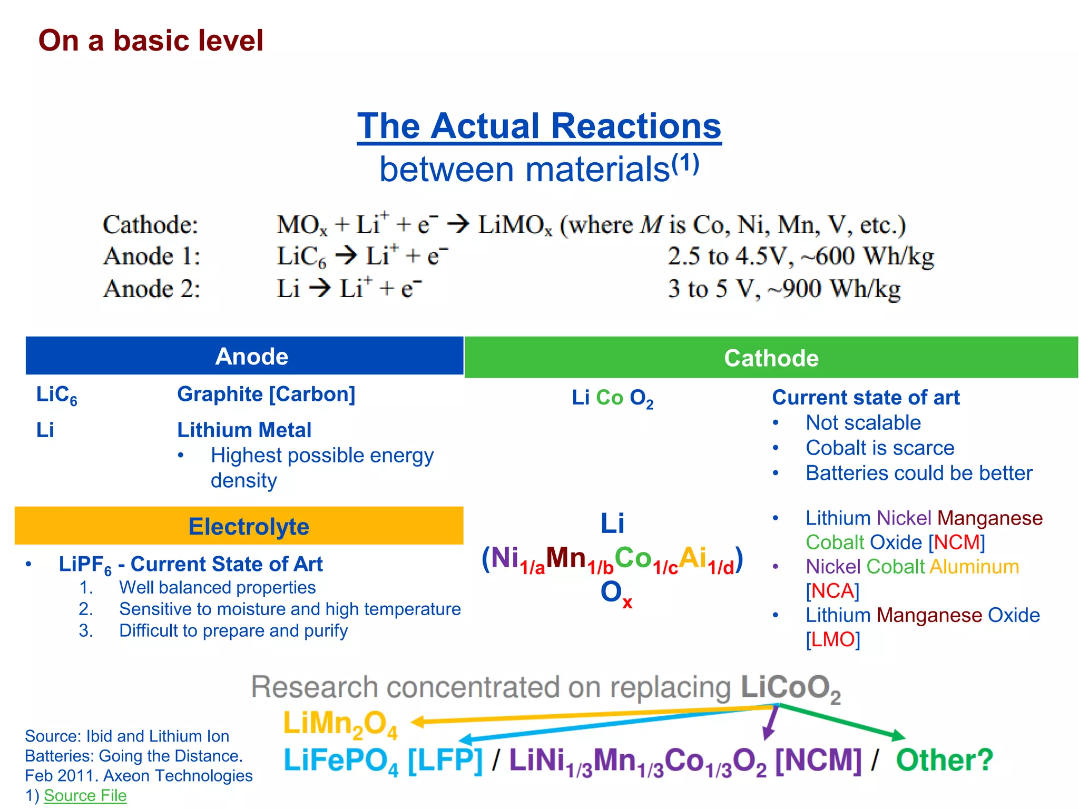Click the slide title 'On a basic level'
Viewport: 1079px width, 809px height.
[x=151, y=41]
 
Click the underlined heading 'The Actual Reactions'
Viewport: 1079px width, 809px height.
[x=539, y=126]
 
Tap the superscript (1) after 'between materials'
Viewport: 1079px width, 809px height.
[x=685, y=163]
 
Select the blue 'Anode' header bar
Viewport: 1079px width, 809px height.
[x=244, y=356]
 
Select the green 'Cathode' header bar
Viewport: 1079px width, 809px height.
[x=771, y=358]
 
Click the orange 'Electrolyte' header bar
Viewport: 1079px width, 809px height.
[x=239, y=526]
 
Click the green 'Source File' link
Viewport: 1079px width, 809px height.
[x=85, y=795]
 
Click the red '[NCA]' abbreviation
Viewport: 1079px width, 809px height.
[x=832, y=591]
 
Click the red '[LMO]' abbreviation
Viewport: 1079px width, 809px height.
[x=832, y=639]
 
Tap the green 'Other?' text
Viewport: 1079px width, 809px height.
[x=944, y=760]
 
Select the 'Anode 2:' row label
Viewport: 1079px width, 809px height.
[x=152, y=289]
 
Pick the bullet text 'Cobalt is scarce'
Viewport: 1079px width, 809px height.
[x=879, y=448]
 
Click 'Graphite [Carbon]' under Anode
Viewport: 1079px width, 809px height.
[x=266, y=394]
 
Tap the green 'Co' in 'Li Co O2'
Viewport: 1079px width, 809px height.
[x=610, y=398]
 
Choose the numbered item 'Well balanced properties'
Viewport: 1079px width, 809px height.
[x=217, y=587]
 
